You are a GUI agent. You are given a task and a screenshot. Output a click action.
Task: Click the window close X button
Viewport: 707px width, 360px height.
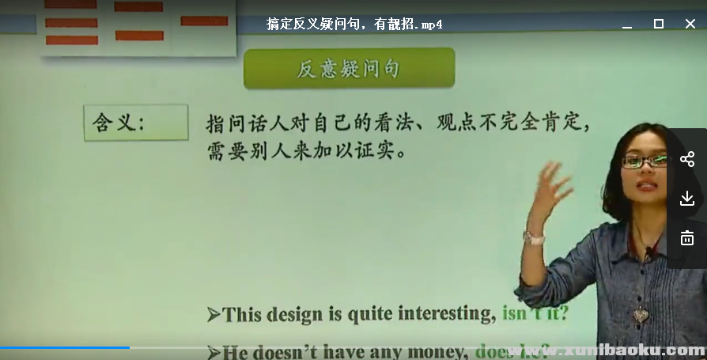tap(690, 24)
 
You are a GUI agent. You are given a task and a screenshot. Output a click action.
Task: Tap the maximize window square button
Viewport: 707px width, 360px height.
tap(658, 24)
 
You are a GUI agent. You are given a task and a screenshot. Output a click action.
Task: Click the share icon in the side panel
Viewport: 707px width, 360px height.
tap(686, 159)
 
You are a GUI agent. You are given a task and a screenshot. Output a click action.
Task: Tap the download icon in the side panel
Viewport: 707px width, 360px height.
tap(686, 198)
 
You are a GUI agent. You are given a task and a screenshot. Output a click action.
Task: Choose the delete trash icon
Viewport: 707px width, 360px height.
tap(686, 237)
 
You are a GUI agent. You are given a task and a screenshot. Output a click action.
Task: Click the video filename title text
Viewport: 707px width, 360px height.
tap(354, 24)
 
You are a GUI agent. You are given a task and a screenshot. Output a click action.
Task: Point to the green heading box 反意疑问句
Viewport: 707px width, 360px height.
tap(349, 69)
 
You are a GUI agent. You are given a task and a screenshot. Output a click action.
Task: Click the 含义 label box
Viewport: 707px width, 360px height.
tap(136, 123)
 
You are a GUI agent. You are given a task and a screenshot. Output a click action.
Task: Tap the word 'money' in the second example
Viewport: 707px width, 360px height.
tap(436, 351)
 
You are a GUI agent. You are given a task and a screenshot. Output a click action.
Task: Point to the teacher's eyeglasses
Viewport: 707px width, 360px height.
tap(645, 161)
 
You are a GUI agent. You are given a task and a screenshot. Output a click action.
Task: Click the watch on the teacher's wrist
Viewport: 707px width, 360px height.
tap(534, 237)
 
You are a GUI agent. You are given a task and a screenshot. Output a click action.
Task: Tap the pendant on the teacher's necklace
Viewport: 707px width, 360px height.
tap(640, 314)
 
